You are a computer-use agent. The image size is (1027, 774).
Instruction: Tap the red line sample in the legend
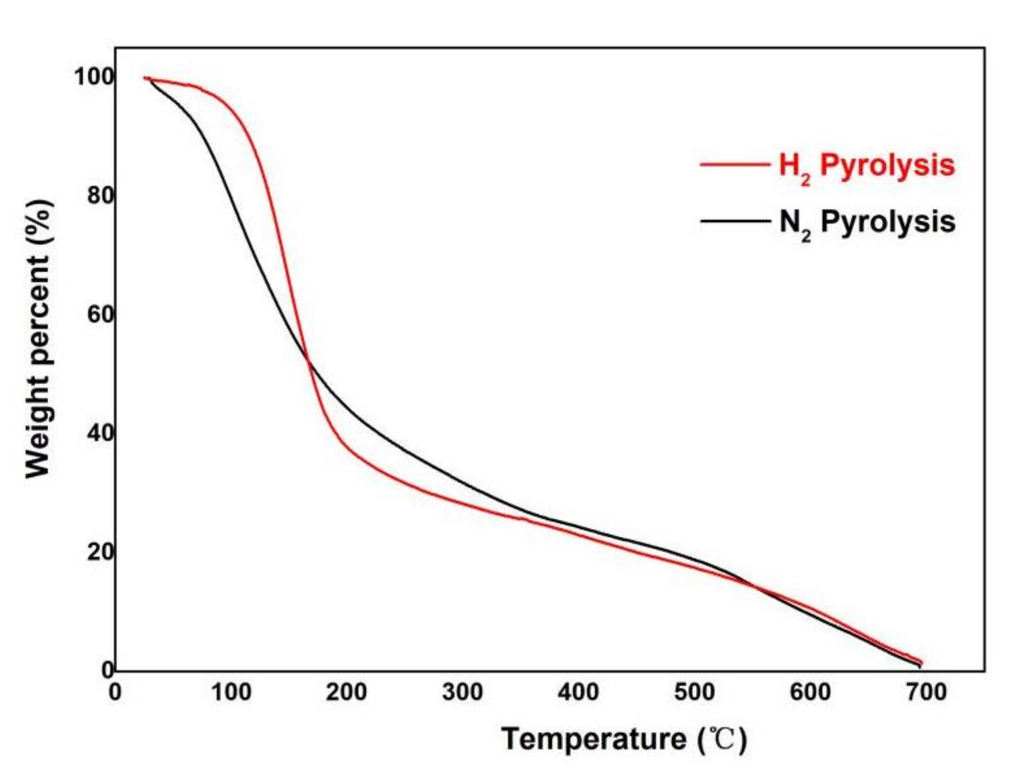click(734, 164)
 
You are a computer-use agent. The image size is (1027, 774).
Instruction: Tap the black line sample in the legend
click(734, 221)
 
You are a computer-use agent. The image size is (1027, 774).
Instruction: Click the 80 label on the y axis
click(100, 196)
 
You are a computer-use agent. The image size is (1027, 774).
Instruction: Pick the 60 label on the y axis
click(100, 315)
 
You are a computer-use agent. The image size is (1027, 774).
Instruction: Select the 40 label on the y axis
click(100, 433)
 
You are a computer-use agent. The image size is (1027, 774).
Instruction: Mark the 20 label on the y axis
click(100, 552)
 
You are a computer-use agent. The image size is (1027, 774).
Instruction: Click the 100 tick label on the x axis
click(231, 693)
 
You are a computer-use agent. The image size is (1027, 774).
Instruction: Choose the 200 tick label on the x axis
click(347, 693)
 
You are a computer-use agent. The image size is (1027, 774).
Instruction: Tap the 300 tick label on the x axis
click(463, 693)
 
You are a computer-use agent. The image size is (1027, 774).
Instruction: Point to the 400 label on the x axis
click(578, 693)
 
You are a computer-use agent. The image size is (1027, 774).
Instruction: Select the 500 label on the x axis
click(695, 693)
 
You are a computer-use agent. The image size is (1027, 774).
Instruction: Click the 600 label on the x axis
click(810, 693)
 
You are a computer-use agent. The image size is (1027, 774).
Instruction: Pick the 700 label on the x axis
click(926, 693)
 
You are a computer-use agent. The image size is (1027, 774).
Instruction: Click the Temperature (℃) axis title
click(624, 740)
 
